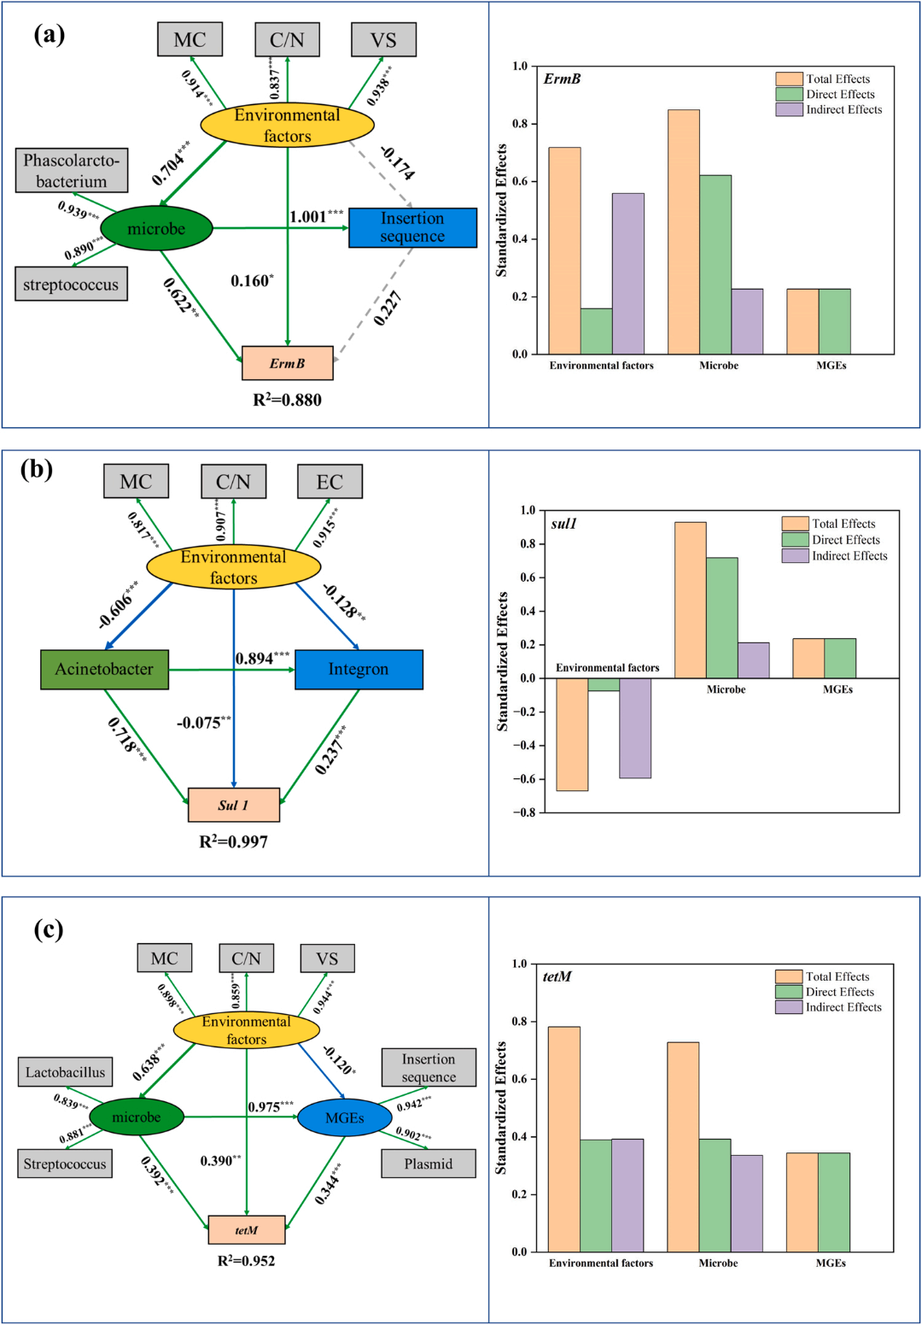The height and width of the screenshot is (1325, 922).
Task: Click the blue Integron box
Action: coord(359,670)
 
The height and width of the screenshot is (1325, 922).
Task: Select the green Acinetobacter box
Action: coord(105,670)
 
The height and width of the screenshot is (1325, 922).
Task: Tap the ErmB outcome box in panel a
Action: coord(287,363)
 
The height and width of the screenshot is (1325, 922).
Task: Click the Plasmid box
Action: coord(429,1164)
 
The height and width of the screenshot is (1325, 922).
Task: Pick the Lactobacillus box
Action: coord(65,1072)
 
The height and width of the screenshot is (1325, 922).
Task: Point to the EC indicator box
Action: coord(330,482)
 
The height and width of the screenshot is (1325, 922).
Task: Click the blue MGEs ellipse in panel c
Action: coord(345,1117)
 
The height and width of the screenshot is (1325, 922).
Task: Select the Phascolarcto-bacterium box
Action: coord(72,170)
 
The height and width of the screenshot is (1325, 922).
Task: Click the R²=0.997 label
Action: coord(233,841)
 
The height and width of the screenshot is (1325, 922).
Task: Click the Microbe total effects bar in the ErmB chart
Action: coord(684,232)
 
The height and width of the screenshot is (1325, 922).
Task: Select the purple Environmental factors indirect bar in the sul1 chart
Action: coord(635,728)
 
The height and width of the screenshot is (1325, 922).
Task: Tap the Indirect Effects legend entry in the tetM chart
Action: coord(829,1007)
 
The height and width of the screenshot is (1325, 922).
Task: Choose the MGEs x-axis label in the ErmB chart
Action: coord(831,366)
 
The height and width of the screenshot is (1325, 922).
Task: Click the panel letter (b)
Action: coord(37,470)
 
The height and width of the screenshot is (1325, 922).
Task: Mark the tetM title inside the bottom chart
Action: coord(557,976)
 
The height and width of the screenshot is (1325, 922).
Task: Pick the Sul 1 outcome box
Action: coord(233,805)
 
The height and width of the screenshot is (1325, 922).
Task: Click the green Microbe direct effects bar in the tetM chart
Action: coord(715,1195)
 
